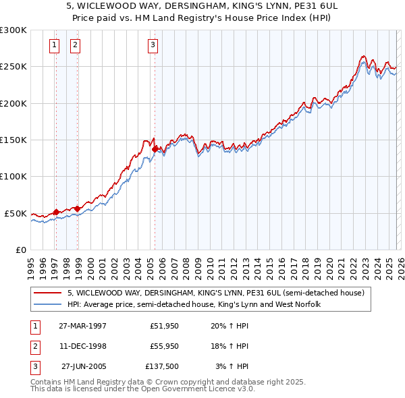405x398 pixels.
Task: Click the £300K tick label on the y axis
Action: tap(13, 30)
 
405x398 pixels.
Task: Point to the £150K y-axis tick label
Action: tap(13, 140)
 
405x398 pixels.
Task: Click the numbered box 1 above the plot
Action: tap(54, 45)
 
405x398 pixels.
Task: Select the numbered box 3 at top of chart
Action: tap(153, 45)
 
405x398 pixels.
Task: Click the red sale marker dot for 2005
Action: tap(155, 149)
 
